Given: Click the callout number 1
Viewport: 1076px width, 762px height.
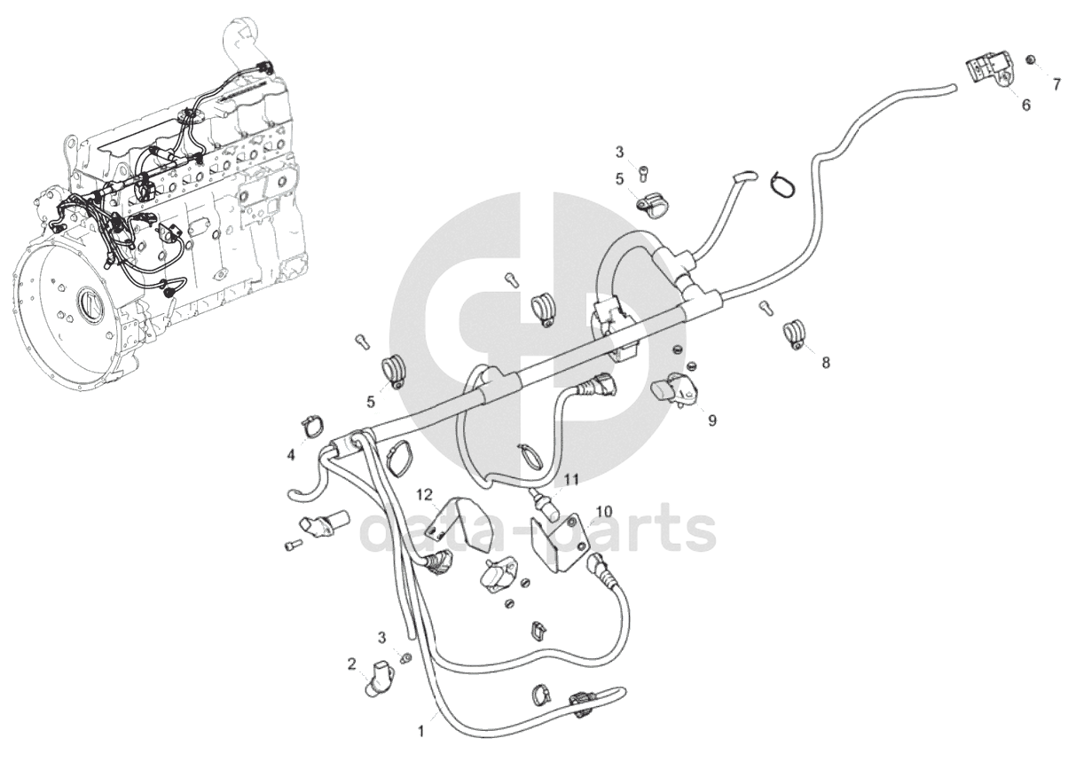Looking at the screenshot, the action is pos(421,732).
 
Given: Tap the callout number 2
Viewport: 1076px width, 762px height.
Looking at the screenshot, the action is pos(352,663).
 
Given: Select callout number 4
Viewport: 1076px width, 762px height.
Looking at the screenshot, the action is pos(291,455).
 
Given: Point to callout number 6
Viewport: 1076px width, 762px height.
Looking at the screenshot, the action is pos(1026,105).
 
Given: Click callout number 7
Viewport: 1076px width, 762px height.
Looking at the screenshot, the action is pos(1056,85).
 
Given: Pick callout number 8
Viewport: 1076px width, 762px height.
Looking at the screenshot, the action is pos(826,363).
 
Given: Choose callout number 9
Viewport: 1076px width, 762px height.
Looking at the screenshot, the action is pos(711,420).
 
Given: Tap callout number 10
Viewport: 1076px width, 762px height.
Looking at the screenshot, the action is pos(603,511).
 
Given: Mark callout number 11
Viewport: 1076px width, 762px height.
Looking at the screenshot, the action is pos(571,479).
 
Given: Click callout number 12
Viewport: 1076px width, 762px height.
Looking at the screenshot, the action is pos(426,493).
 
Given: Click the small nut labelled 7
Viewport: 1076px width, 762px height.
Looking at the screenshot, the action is pos(1031,59).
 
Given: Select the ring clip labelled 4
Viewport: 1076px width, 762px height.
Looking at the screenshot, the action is pos(311,427).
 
